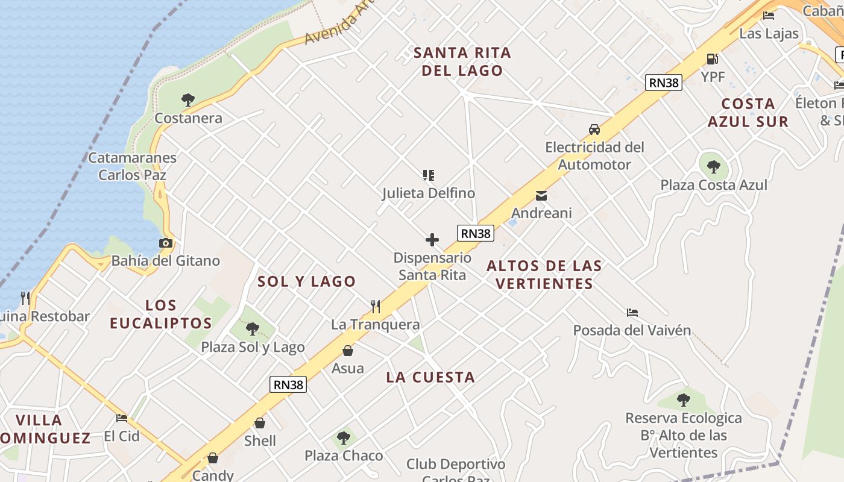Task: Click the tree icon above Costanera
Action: coord(188,99)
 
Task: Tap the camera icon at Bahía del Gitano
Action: coord(165,243)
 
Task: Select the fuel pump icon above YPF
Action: coord(712,58)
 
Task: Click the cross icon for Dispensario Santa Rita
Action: coord(432,240)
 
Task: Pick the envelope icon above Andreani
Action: coord(541,195)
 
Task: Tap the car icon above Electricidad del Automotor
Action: coord(594,129)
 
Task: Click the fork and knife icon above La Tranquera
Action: coord(375,307)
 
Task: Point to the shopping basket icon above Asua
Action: coord(347,351)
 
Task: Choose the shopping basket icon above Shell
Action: coord(260,423)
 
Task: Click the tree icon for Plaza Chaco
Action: coord(343,438)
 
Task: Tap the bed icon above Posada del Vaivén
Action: coord(632,312)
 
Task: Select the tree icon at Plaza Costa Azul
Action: coord(713,166)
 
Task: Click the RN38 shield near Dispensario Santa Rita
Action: coord(476,233)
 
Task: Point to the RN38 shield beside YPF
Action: coord(663,83)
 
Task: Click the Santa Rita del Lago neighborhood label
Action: coord(462,61)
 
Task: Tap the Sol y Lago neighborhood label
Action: coord(307,281)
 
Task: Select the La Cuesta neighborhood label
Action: coord(430,378)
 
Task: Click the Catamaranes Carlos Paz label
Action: coord(132,166)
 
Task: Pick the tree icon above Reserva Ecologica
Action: coord(683,399)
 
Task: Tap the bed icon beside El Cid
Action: coord(122,418)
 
